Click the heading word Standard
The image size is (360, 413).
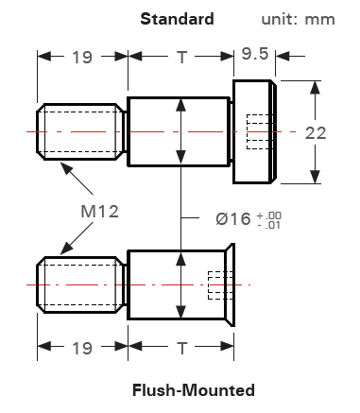point(177,19)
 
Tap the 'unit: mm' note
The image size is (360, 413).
point(298,20)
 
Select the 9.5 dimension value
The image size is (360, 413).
point(255,54)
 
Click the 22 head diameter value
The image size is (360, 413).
point(316,133)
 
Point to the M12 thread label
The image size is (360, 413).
point(100,212)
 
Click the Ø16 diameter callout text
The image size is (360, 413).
point(233,218)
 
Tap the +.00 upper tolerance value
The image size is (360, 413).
point(269,215)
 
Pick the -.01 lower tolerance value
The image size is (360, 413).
point(269,225)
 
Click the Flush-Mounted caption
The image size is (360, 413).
point(194,390)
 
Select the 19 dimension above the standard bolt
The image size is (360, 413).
point(82,58)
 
